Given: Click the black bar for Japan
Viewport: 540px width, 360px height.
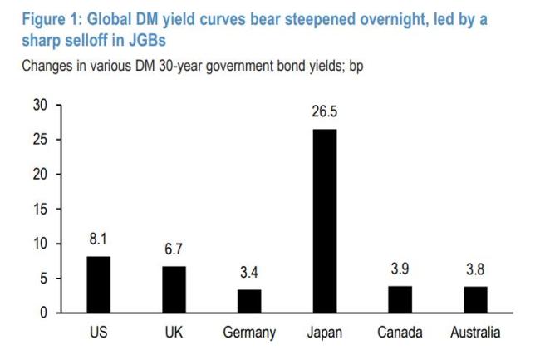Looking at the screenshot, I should click(325, 221).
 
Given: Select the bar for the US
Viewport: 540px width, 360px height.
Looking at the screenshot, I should click(98, 284).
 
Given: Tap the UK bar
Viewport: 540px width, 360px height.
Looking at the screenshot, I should click(174, 289).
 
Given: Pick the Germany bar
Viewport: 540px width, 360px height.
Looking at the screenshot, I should click(249, 301).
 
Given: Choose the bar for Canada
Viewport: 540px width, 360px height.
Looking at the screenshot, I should click(400, 299).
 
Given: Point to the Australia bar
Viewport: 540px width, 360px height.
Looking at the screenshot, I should click(475, 299).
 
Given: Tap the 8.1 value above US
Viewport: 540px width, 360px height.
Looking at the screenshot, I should click(98, 239).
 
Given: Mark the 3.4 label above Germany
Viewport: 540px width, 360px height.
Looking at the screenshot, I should click(249, 273).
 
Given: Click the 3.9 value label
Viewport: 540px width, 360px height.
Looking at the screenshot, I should click(400, 269).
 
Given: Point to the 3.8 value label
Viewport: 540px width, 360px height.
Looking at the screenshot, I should click(475, 269).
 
